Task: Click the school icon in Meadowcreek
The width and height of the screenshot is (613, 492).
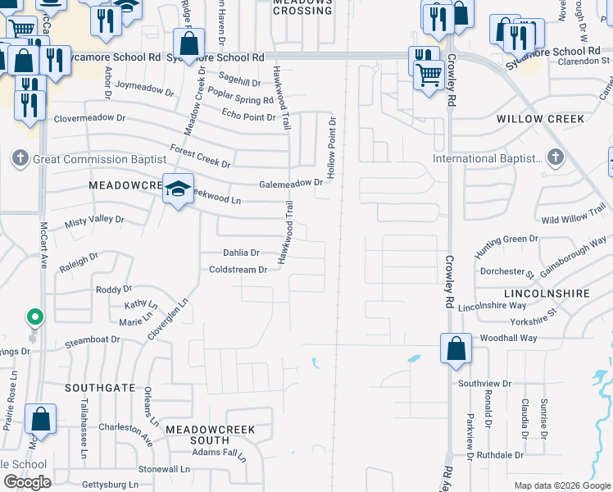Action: [x=178, y=189]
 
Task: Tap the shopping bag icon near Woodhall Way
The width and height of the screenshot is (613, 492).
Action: [x=456, y=348]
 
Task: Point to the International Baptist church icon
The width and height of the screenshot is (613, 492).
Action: [x=555, y=157]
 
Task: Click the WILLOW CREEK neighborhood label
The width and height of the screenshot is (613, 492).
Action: [x=541, y=119]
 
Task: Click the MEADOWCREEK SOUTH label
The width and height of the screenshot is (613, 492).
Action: [x=211, y=435]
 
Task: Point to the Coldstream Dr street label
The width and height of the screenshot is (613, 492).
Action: [x=238, y=270]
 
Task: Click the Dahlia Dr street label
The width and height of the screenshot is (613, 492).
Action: [x=241, y=253]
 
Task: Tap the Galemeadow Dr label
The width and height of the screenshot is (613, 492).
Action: [x=291, y=184]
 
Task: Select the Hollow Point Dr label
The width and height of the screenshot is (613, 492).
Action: [x=332, y=148]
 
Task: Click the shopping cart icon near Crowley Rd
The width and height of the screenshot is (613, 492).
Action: [x=429, y=76]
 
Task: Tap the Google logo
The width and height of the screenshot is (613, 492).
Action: [x=27, y=482]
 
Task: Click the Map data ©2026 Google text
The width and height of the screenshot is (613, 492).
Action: [x=561, y=485]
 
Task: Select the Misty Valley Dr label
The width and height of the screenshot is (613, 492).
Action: [x=94, y=220]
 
